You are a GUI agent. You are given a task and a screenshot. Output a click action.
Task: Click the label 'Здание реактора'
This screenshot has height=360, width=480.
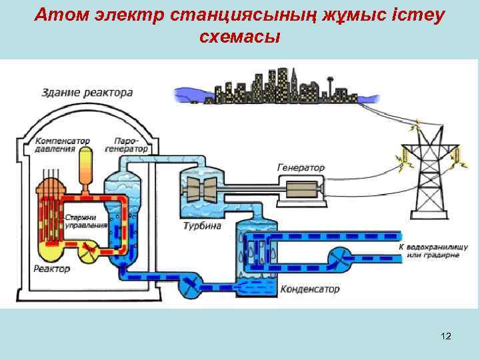pyautogui.click(x=87, y=92)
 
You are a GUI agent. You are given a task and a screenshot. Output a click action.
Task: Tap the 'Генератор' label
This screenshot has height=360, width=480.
pyautogui.click(x=301, y=168)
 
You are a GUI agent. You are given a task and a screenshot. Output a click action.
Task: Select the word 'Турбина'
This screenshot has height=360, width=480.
pyautogui.click(x=202, y=227)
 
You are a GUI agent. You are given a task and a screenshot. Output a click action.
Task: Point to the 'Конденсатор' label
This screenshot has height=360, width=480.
pyautogui.click(x=310, y=289)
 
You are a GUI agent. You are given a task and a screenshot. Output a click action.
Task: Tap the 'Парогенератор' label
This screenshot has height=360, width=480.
pyautogui.click(x=131, y=145)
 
